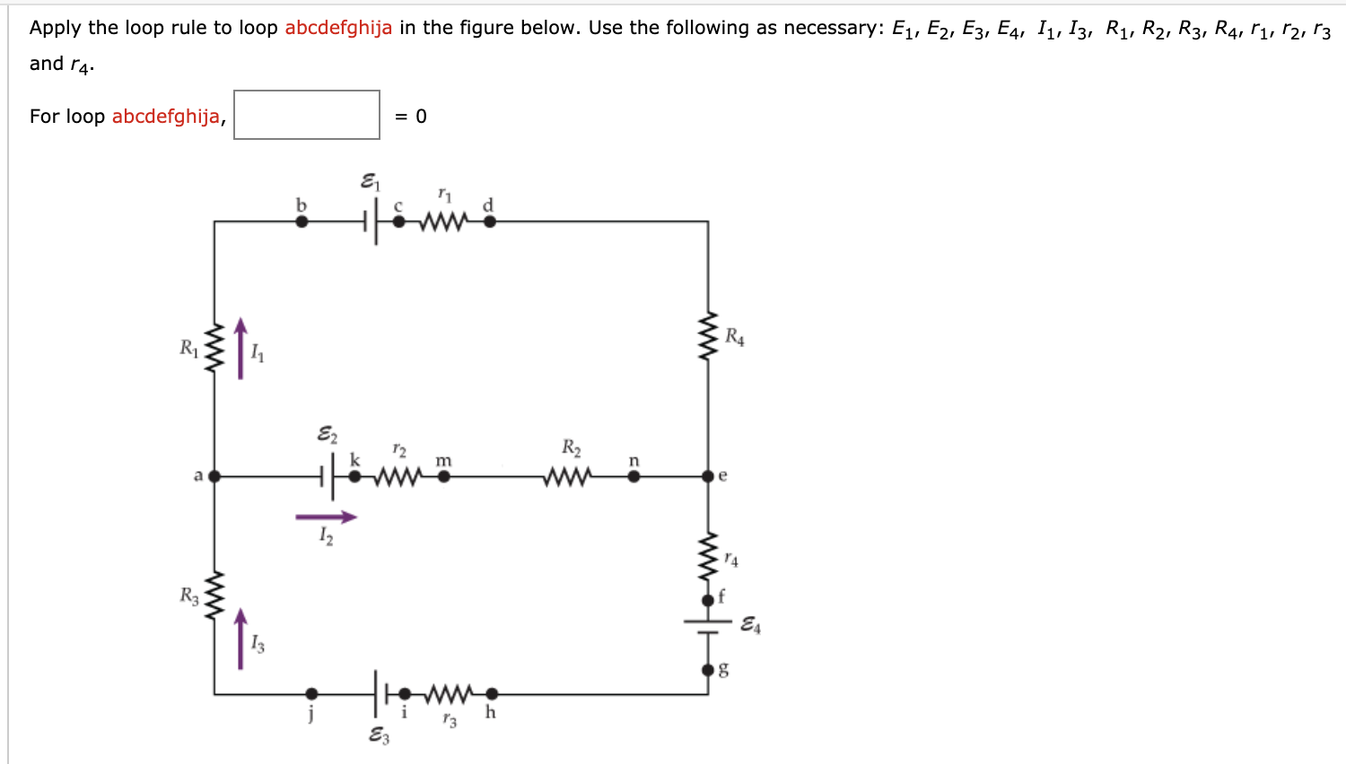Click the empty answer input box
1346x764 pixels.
[x=307, y=115]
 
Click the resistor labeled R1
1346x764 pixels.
[x=214, y=348]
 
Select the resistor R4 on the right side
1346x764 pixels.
[x=708, y=336]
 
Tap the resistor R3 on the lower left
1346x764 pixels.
[x=214, y=596]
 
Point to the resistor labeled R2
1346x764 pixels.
[x=567, y=476]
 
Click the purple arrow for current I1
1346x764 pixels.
[x=240, y=348]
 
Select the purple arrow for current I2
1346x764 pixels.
[x=326, y=517]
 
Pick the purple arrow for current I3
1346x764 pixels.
[x=240, y=638]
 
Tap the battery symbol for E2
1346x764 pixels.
[x=328, y=476]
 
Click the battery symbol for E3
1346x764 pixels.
[x=380, y=693]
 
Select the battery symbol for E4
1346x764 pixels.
[x=708, y=626]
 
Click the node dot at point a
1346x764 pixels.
[x=214, y=476]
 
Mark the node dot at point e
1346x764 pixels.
[x=708, y=476]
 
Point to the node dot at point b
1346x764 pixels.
[x=302, y=221]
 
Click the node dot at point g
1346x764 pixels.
[x=708, y=670]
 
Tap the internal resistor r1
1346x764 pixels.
[x=443, y=221]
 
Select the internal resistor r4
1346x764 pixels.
[x=708, y=558]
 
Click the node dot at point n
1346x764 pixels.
[x=634, y=476]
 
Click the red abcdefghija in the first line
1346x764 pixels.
[x=338, y=28]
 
